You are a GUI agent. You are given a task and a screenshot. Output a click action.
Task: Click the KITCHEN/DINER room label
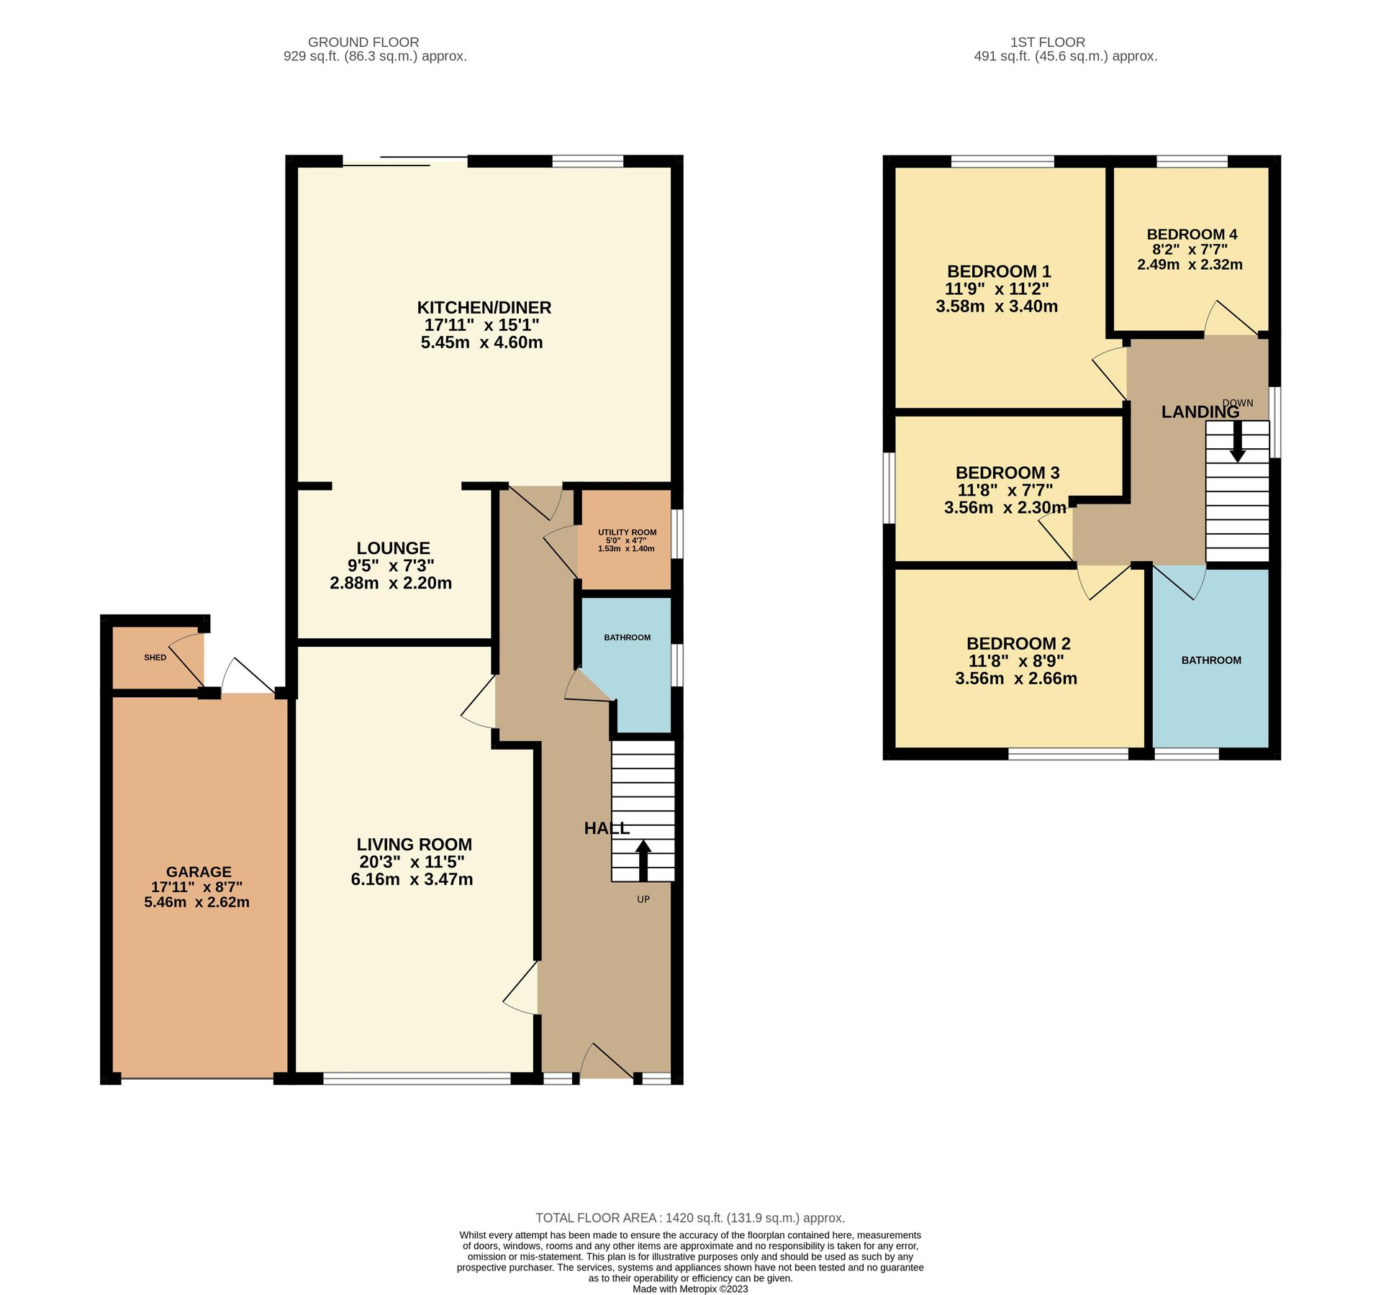pyautogui.click(x=484, y=307)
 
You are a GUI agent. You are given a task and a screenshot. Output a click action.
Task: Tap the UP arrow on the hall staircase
pyautogui.click(x=643, y=860)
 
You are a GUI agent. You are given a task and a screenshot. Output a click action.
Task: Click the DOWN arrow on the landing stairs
pyautogui.click(x=1236, y=440)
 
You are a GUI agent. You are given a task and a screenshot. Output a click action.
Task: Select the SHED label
pyautogui.click(x=155, y=657)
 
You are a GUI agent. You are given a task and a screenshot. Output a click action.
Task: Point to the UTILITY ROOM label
pyautogui.click(x=627, y=532)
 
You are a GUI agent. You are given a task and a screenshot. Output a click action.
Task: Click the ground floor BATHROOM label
pyautogui.click(x=627, y=637)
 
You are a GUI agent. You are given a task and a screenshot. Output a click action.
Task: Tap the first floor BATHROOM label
pyautogui.click(x=1210, y=660)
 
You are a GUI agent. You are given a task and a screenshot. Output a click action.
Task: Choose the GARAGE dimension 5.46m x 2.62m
pyautogui.click(x=196, y=902)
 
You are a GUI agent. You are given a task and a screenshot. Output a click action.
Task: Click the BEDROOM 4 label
pyautogui.click(x=1191, y=235)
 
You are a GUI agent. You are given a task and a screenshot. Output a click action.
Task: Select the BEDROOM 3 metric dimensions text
pyautogui.click(x=1005, y=507)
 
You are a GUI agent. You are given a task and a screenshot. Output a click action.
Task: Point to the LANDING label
pyautogui.click(x=1200, y=412)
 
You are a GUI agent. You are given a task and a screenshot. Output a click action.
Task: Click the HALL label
pyautogui.click(x=606, y=828)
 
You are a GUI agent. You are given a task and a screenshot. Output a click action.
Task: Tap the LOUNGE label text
pyautogui.click(x=393, y=548)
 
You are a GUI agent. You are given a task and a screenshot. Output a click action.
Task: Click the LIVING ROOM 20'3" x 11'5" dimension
pyautogui.click(x=412, y=862)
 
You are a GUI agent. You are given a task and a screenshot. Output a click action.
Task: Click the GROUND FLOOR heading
pyautogui.click(x=363, y=42)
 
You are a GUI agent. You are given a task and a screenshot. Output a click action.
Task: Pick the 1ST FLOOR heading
pyautogui.click(x=1047, y=42)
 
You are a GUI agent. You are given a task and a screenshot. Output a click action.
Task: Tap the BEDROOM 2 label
pyautogui.click(x=1018, y=643)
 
